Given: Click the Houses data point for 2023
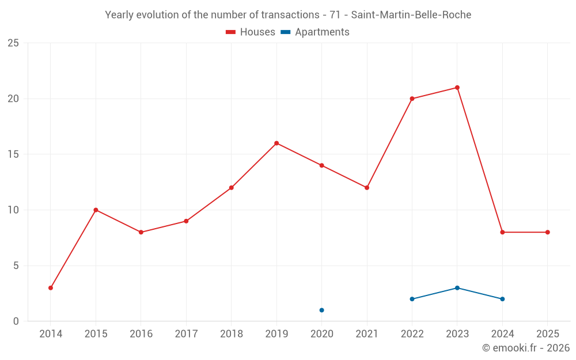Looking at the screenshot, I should (457, 88).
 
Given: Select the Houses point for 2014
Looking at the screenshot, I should (51, 288).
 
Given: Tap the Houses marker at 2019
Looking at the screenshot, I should (276, 143).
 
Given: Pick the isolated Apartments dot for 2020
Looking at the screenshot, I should (321, 310).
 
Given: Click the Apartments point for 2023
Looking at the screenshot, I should (457, 288).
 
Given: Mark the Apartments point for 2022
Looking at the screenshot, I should (412, 299).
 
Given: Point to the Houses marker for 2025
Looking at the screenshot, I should (547, 232).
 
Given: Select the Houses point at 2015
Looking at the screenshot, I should (96, 210).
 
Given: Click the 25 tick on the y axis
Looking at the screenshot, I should (13, 43).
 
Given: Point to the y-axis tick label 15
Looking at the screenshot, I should (13, 154).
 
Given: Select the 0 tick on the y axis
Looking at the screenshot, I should (16, 321).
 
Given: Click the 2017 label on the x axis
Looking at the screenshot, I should (186, 334).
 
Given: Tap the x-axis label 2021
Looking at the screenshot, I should (367, 334).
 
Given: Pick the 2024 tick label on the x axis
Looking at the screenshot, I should (502, 334).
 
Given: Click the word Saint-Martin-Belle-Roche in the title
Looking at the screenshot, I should (411, 15).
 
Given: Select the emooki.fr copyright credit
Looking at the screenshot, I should (525, 348).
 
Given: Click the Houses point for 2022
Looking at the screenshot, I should (412, 98).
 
